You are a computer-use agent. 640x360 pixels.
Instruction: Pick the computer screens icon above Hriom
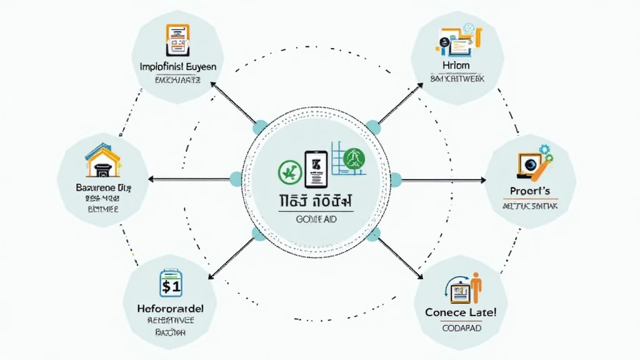point(458,39)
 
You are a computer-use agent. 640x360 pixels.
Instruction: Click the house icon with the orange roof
point(102,159)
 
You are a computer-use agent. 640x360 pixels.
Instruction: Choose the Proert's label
point(530,190)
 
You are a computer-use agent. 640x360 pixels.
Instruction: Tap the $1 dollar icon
point(170,285)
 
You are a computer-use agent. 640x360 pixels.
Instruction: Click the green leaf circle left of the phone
point(287,169)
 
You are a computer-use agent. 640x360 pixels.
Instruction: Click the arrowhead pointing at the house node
point(150,180)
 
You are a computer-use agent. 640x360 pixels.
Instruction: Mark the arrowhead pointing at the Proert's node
point(482,180)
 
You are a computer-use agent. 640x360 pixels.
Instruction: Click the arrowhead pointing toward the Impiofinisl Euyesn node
point(214,85)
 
